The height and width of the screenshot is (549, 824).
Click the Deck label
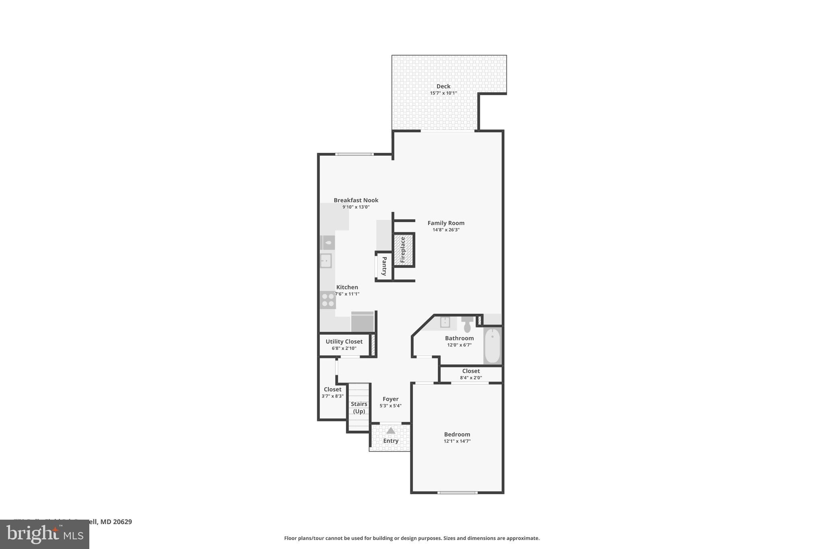[x=443, y=86]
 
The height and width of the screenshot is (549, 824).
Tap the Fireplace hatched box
[x=404, y=250]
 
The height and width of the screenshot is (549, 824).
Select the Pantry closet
[x=384, y=266]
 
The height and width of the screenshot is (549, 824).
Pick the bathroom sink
[x=445, y=322]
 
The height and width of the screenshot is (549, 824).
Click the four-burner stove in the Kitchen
[x=328, y=300]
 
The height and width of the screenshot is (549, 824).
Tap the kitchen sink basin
[x=326, y=261]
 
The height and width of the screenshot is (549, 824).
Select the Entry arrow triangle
[x=391, y=431]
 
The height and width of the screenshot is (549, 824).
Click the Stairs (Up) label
[x=359, y=407]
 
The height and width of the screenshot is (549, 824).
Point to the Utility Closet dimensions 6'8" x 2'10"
[x=344, y=348]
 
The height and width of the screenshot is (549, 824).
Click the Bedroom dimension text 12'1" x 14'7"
[x=457, y=441]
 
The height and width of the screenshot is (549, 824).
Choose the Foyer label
[x=390, y=399]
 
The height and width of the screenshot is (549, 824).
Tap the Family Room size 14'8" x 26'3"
[x=446, y=230]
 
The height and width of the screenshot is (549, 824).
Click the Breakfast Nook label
[x=356, y=200]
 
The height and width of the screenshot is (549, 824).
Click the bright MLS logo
[x=45, y=534]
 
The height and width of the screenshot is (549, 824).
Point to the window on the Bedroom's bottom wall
[x=457, y=492]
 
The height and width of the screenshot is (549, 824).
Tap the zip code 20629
[x=122, y=522]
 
